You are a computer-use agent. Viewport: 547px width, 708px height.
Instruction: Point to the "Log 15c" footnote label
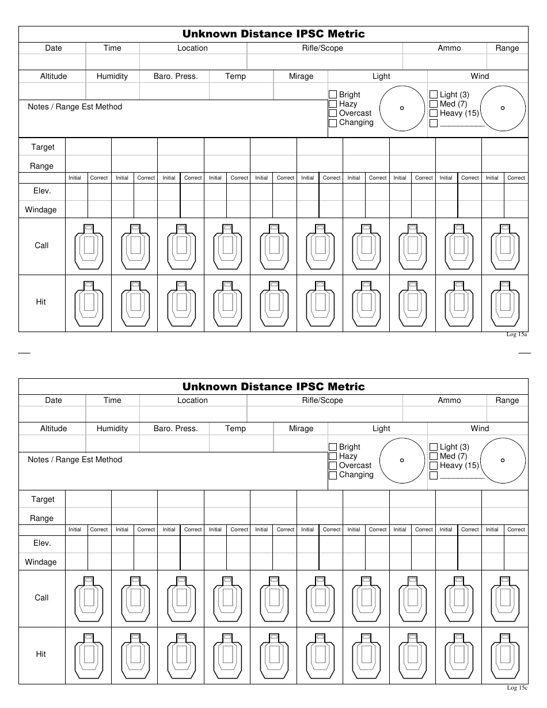coord(516,687)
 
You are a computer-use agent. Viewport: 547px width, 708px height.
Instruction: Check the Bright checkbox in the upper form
coord(333,95)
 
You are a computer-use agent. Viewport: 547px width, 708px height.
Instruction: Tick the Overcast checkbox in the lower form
coord(333,466)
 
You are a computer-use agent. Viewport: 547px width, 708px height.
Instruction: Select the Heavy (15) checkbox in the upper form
coord(434,113)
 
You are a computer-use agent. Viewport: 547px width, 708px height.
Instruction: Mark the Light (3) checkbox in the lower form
coord(434,447)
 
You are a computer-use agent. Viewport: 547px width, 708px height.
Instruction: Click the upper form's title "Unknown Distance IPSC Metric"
coord(273,34)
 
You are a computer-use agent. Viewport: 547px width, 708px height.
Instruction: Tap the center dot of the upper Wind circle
coord(503,108)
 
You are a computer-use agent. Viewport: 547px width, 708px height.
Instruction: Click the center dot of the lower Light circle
coord(402,460)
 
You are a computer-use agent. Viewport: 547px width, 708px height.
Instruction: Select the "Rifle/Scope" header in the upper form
coord(322,48)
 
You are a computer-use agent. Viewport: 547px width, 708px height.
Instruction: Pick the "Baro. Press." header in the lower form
coord(176,429)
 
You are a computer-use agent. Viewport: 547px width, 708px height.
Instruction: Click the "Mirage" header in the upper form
coord(301,77)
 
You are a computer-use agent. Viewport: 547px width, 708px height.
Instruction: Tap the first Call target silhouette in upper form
coord(88,246)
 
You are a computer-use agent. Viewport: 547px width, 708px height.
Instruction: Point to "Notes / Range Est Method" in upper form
coord(75,107)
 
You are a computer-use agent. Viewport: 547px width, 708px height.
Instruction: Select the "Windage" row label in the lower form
coord(41,562)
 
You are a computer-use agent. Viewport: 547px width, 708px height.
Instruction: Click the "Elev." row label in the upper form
coord(41,191)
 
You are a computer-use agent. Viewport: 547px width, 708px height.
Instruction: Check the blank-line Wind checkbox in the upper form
coord(434,123)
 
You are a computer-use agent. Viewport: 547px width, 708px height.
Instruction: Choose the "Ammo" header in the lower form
coord(449,401)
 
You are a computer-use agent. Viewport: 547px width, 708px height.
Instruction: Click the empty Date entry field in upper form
coord(52,62)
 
